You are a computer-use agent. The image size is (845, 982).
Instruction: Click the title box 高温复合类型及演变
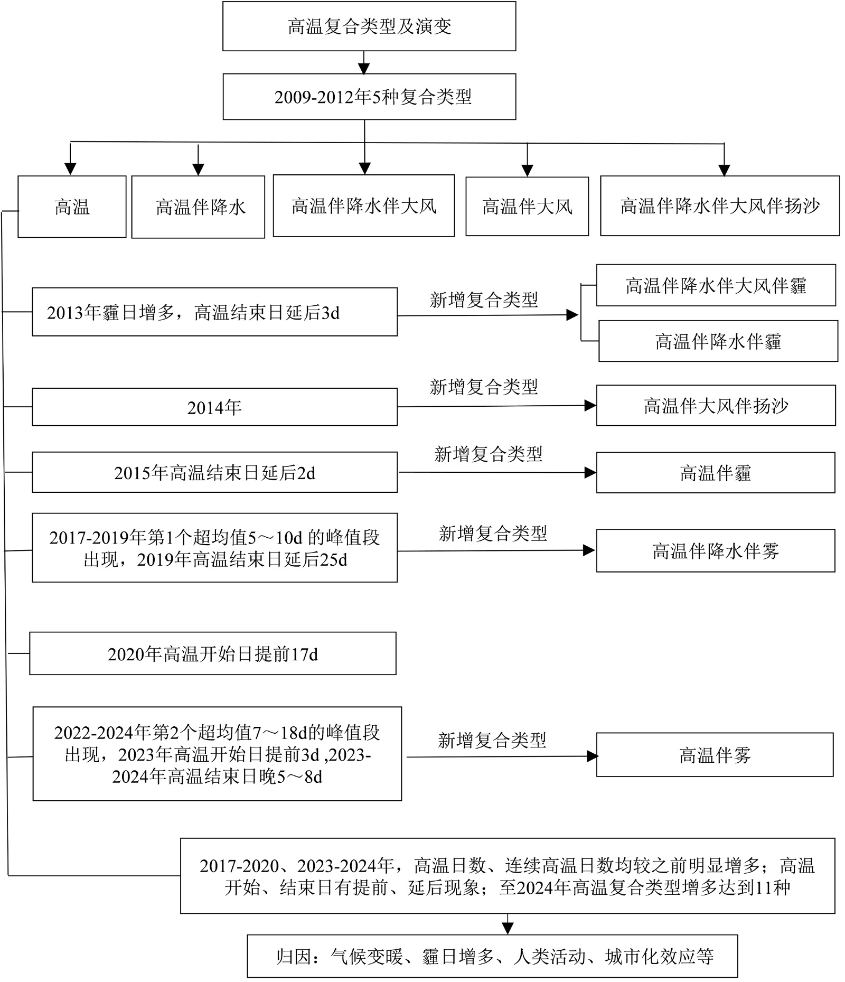click(x=369, y=26)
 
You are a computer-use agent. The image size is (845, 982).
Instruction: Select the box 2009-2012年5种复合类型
click(x=369, y=97)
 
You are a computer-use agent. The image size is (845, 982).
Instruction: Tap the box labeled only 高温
click(x=72, y=207)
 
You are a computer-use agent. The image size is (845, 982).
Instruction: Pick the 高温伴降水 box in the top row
click(x=198, y=207)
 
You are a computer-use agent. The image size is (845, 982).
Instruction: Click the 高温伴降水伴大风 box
click(x=363, y=206)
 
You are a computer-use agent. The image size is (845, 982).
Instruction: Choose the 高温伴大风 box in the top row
click(x=527, y=207)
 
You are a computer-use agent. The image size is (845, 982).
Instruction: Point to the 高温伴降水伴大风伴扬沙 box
click(x=719, y=206)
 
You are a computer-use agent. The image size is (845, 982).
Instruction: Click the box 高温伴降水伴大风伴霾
click(x=716, y=285)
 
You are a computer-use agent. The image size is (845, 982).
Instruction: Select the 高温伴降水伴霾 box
click(x=718, y=341)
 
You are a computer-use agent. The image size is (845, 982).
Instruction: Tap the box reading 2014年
click(x=214, y=407)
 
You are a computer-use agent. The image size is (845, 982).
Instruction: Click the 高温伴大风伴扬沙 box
click(x=716, y=406)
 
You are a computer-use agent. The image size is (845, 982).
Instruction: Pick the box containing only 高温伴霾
click(x=716, y=473)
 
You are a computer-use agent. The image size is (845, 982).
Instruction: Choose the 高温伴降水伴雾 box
click(x=716, y=551)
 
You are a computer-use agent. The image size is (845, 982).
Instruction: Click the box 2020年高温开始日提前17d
click(x=212, y=654)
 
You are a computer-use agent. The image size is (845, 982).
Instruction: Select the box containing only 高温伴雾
click(x=715, y=755)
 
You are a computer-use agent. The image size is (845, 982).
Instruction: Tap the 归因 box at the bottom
click(x=492, y=956)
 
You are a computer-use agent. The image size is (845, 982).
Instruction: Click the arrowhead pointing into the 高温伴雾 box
click(x=592, y=756)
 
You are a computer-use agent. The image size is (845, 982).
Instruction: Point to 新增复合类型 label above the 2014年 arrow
click(x=484, y=387)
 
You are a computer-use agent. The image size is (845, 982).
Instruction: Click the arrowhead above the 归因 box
click(x=508, y=928)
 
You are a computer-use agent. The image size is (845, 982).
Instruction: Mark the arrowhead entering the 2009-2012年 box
click(x=364, y=69)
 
